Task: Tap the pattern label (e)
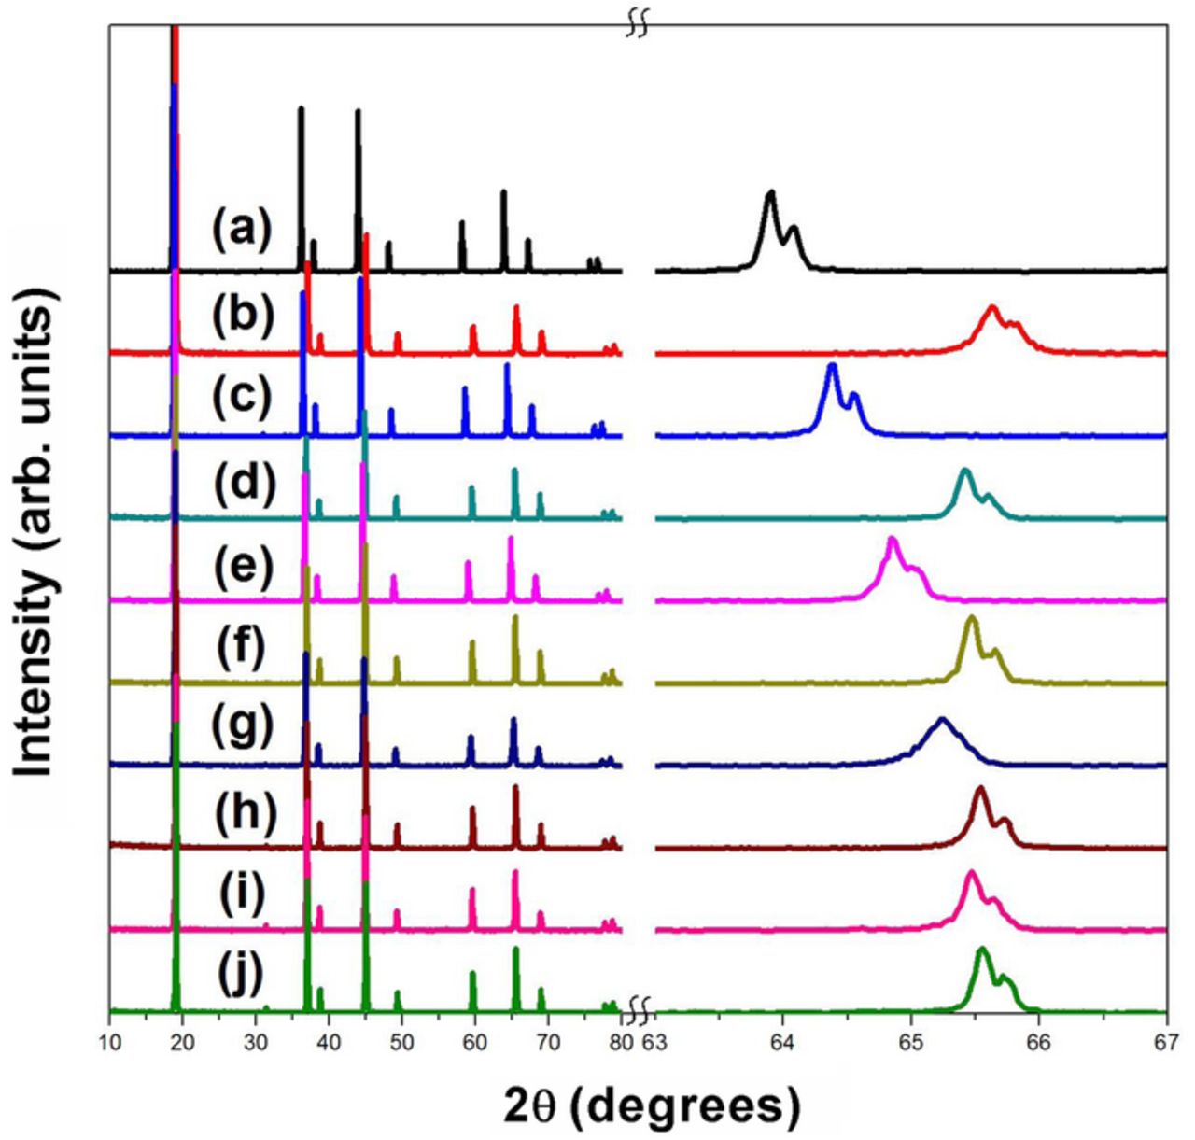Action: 242,566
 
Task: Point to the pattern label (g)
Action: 242,727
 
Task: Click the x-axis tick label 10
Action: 110,1040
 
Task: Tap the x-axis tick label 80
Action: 620,1040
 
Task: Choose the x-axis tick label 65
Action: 910,1040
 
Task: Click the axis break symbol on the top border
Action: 637,25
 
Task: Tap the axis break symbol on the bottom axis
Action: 639,1009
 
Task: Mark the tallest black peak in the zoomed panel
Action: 770,193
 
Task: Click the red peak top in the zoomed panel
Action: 993,307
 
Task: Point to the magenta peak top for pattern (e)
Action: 892,540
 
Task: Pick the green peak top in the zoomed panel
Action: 982,950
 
